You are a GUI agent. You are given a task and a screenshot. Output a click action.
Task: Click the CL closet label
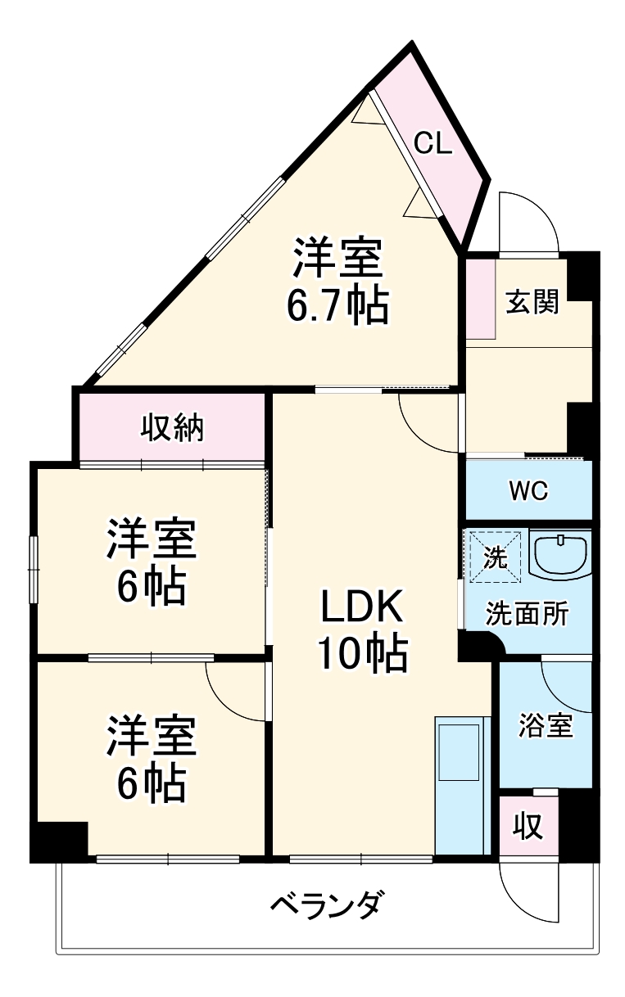point(432,144)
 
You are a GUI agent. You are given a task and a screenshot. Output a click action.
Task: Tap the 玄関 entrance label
point(531,302)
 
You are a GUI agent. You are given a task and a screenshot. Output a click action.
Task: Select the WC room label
point(528,492)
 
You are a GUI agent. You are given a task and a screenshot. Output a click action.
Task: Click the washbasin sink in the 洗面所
point(559,557)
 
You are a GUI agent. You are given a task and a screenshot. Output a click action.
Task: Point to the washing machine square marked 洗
point(494,557)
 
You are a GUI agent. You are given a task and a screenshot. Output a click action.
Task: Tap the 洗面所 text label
point(526,614)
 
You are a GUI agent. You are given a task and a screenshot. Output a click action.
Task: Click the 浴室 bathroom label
point(546,724)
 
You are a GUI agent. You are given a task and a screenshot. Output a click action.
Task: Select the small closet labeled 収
point(528,828)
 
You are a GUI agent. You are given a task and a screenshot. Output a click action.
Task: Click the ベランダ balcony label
point(325,906)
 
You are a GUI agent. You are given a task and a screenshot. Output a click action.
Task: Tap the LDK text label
point(361,609)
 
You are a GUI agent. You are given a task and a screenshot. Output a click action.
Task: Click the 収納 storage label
point(173,428)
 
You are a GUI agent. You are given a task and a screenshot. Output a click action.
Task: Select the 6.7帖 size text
point(337,305)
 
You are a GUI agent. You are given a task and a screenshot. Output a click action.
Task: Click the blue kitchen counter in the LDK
point(462,786)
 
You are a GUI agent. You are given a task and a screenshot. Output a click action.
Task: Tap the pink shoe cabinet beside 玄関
point(481,299)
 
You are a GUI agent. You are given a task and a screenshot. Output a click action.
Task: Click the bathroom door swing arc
point(564,688)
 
